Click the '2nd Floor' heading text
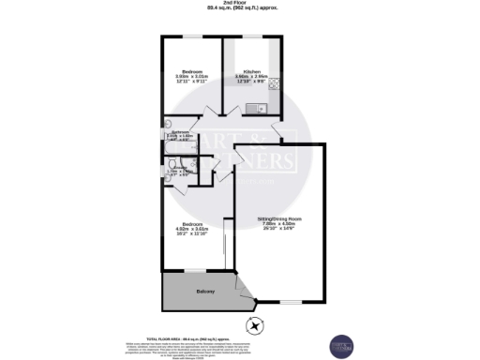[239, 4]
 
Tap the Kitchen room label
[250, 71]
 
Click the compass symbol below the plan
[254, 325]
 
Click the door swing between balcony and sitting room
[246, 290]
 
